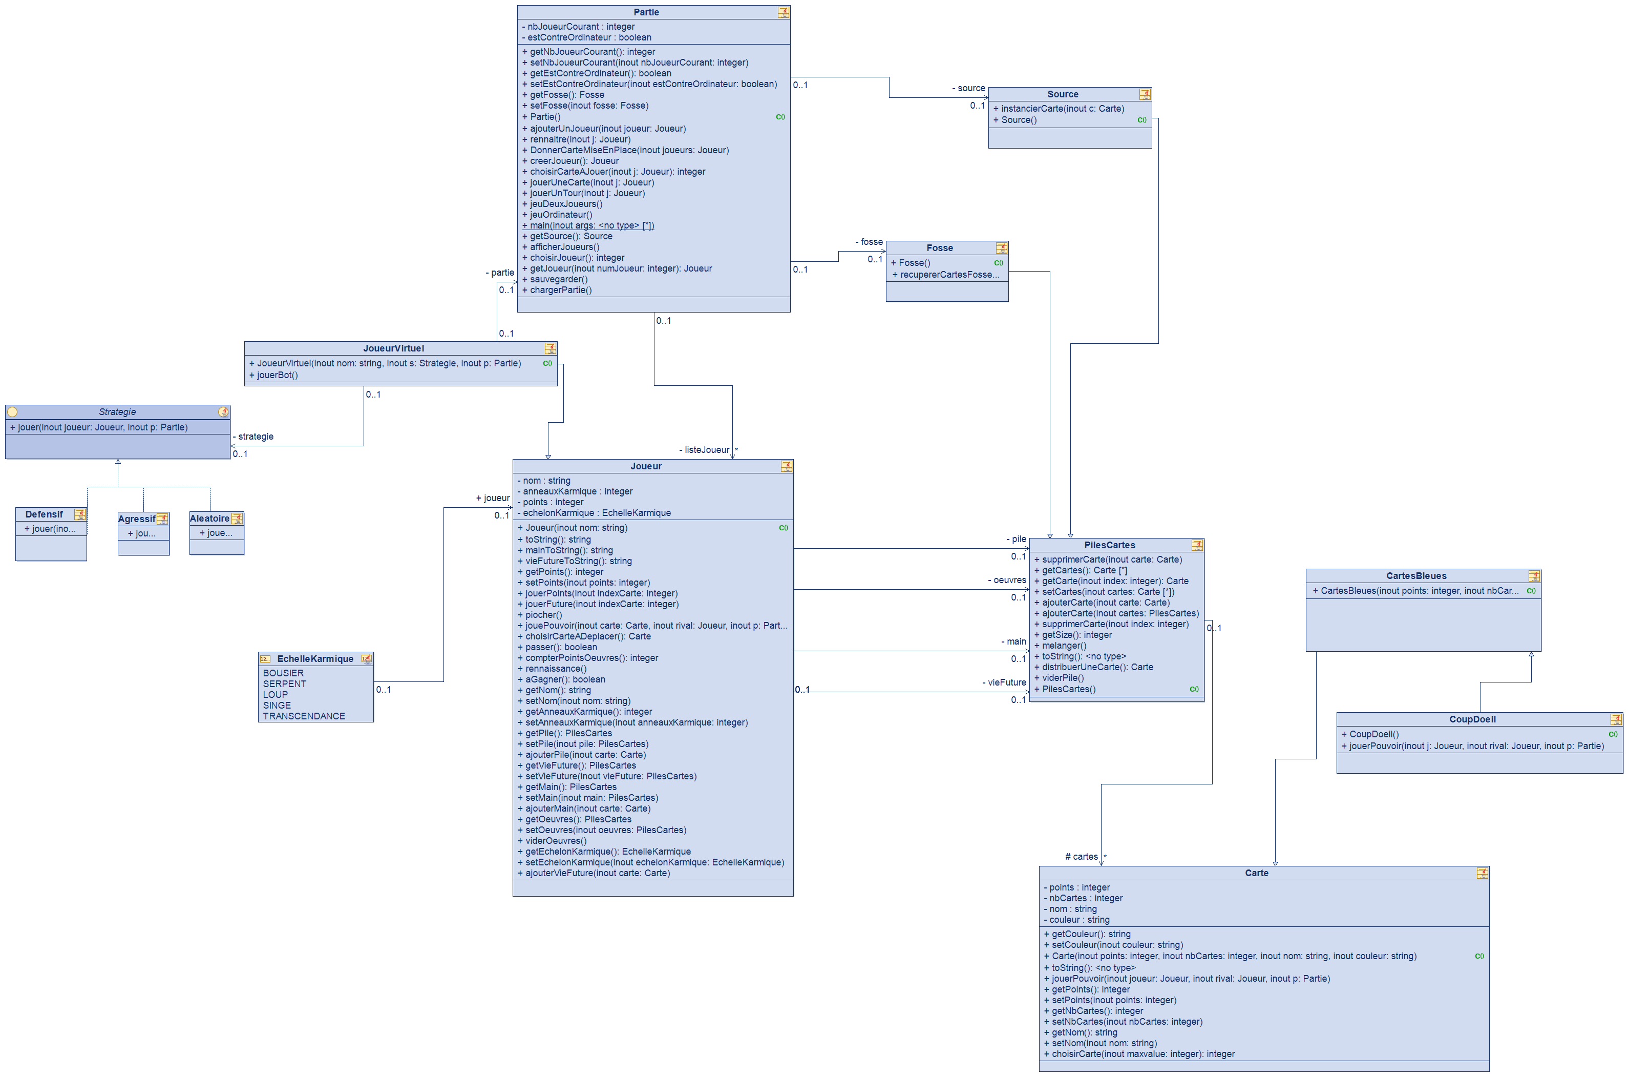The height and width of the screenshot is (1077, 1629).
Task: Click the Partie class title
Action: pos(645,12)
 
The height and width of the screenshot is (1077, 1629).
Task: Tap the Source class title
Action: pos(1062,94)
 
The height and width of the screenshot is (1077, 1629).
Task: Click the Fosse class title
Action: pos(939,248)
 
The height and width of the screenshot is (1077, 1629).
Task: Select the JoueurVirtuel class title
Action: pos(393,348)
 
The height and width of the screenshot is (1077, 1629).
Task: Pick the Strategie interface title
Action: pos(117,412)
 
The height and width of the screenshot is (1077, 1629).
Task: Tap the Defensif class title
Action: pos(44,514)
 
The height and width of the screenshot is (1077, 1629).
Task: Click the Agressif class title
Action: pos(137,519)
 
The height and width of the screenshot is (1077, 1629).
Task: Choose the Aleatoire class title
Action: pos(209,519)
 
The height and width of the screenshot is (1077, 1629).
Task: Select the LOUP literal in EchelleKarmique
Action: pos(276,694)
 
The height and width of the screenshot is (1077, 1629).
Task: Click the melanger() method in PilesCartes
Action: pos(1064,646)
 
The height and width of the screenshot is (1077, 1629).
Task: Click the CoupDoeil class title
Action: pos(1472,719)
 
